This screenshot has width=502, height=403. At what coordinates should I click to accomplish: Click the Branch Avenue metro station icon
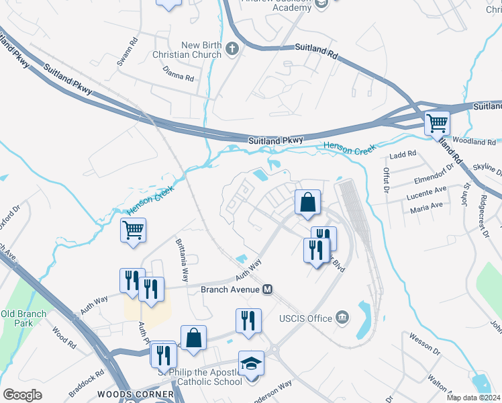267,289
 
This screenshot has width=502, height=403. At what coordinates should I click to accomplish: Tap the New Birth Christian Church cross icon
232,48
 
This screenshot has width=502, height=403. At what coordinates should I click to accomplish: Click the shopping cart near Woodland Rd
437,124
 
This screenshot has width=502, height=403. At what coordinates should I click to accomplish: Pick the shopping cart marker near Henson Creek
133,230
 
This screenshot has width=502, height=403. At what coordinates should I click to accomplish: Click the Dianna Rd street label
178,74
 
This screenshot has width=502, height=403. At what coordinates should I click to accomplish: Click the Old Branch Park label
23,318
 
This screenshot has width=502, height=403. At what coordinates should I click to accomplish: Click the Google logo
22,395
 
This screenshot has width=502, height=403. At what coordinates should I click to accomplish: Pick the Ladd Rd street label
403,154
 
